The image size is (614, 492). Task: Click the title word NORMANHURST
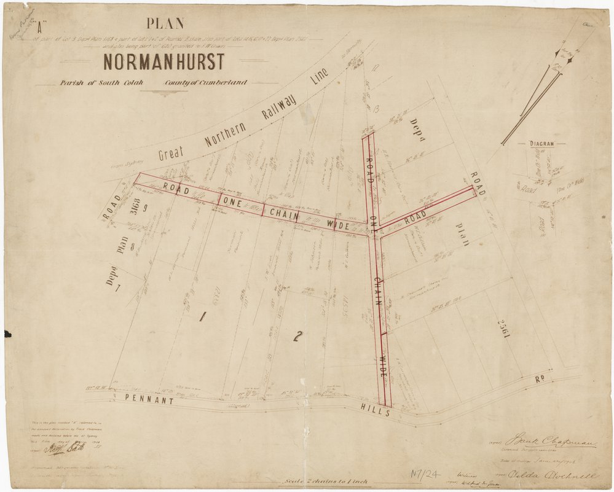click(x=163, y=62)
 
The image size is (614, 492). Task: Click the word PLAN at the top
click(x=164, y=24)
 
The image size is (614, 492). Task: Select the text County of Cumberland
click(x=197, y=82)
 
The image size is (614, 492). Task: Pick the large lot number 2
click(x=297, y=336)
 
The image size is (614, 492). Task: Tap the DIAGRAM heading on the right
click(x=541, y=144)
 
